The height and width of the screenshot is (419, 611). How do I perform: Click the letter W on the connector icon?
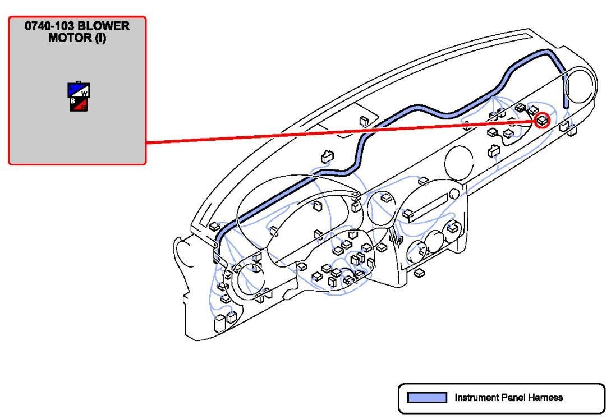click(x=84, y=93)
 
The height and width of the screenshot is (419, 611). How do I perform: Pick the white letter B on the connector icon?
click(x=73, y=101)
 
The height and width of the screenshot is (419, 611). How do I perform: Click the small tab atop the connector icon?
click(x=79, y=82)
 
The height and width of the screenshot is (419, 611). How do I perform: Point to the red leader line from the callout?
click(x=337, y=132)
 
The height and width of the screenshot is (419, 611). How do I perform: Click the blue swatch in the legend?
click(x=427, y=398)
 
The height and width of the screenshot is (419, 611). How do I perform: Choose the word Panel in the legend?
click(x=512, y=398)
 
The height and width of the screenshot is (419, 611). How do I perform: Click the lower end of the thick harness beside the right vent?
click(x=567, y=104)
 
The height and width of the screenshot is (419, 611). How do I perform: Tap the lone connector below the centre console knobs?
click(x=417, y=273)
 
